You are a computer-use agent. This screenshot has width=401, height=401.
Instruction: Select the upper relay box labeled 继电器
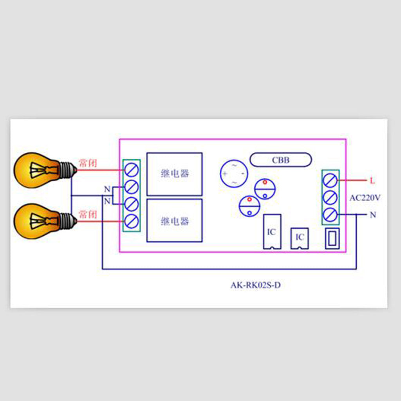click(174, 174)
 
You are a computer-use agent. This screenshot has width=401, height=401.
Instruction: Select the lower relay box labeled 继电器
click(174, 220)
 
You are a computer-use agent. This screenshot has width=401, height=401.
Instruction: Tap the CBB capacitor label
click(281, 160)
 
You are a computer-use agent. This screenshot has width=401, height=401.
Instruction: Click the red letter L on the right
click(372, 181)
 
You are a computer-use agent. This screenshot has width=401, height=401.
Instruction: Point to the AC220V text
click(365, 198)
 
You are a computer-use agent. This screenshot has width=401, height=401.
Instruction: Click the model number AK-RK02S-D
click(255, 285)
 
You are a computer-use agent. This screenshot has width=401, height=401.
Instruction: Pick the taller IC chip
click(272, 231)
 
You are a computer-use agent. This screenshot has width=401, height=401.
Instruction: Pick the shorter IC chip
click(300, 238)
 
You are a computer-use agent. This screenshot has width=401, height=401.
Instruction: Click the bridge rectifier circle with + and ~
click(234, 173)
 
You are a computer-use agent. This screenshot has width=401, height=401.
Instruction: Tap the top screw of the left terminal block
click(132, 170)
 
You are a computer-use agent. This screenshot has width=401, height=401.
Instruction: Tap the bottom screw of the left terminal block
click(132, 222)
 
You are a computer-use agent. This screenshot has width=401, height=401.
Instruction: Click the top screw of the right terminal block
click(331, 181)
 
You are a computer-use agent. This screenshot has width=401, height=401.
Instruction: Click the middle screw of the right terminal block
click(331, 198)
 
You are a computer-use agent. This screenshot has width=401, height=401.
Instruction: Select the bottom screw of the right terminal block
click(331, 215)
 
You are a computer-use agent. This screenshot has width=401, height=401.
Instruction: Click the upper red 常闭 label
click(88, 163)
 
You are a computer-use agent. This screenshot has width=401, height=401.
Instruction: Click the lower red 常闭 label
click(88, 214)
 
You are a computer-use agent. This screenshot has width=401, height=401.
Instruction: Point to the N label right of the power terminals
click(373, 215)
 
